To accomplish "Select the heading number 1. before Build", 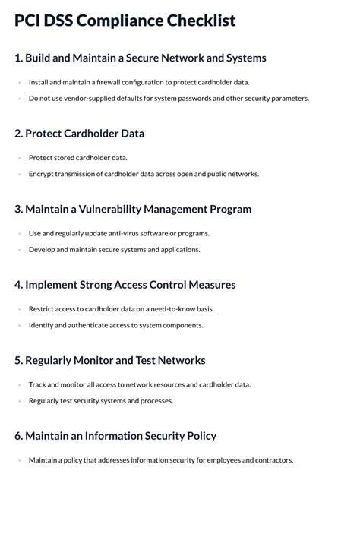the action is tap(18, 58).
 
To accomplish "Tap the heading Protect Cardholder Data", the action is tap(84, 134).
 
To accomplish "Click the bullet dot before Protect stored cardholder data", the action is tap(19, 158).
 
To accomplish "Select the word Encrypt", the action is tap(41, 174).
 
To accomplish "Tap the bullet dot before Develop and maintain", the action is tap(19, 250).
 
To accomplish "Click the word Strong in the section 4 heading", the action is tap(96, 285).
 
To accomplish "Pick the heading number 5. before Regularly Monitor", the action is tap(18, 360).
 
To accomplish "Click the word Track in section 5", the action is tap(38, 384).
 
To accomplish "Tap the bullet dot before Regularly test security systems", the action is tap(19, 401).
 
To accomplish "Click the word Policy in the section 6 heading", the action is tap(200, 436).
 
